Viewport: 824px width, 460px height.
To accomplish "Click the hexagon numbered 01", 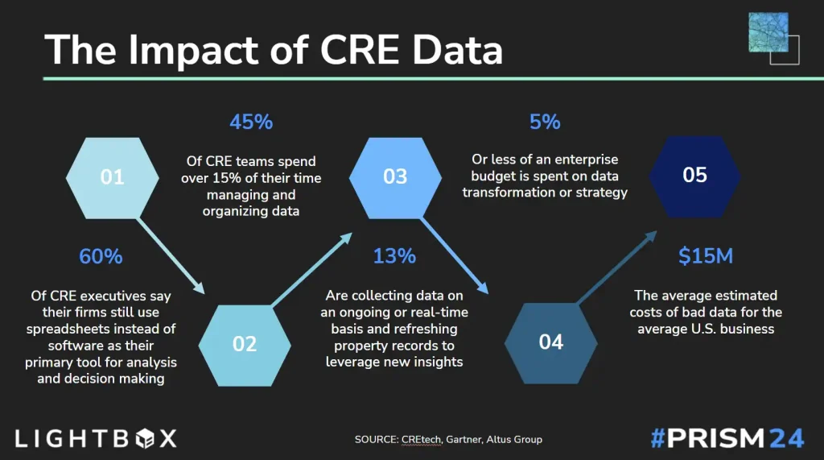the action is (x=113, y=178).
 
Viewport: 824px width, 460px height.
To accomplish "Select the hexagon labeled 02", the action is (x=245, y=346).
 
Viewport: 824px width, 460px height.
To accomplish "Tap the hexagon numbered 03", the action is (x=395, y=178).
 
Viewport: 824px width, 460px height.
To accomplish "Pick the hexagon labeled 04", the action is (x=550, y=343).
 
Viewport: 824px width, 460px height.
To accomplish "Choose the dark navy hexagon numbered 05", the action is (x=694, y=177).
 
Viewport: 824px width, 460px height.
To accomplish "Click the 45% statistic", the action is (x=251, y=122).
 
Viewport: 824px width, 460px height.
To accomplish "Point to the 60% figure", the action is (x=101, y=256).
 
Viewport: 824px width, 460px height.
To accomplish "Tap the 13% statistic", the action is (x=394, y=256).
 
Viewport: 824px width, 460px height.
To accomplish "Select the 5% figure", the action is (x=545, y=122).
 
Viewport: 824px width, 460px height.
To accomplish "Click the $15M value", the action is (x=706, y=256).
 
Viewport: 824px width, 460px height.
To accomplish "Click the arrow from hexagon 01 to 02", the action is (x=171, y=256).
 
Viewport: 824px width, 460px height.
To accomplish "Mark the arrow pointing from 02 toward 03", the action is (x=311, y=269).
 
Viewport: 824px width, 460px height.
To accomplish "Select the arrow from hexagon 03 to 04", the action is (x=455, y=256).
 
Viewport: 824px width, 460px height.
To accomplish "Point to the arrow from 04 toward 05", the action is (x=617, y=267).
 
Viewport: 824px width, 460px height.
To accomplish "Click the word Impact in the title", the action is (x=219, y=51).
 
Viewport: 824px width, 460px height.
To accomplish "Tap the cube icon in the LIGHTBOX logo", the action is (x=145, y=438).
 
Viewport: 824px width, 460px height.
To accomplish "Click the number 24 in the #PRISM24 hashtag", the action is (x=787, y=438).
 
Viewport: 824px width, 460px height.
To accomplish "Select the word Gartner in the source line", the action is (x=463, y=440).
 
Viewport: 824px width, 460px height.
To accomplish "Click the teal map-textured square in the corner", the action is (x=768, y=32).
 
